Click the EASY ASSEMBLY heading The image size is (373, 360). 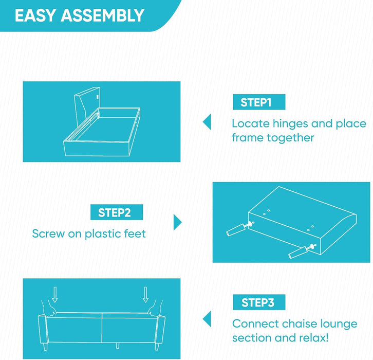[80, 15]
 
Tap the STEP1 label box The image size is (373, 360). [259, 102]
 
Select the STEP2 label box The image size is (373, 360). [117, 212]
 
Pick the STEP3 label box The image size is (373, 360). [259, 302]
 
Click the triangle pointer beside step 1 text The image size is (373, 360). [207, 122]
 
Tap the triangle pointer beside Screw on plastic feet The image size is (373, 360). [177, 222]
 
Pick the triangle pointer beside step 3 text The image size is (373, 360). [207, 319]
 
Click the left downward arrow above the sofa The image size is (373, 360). [55, 295]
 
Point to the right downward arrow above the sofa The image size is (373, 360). [145, 295]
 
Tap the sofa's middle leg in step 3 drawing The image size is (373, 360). [117, 346]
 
